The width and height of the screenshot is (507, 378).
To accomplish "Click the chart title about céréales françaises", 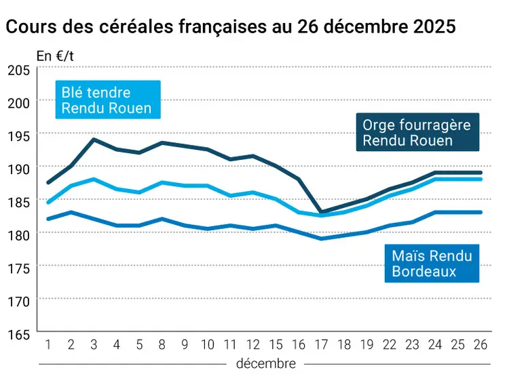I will pyautogui.click(x=230, y=27).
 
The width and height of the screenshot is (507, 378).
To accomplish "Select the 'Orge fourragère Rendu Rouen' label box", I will pyautogui.click(x=416, y=132).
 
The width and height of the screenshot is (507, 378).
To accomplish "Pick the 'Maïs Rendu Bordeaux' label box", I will pyautogui.click(x=431, y=264).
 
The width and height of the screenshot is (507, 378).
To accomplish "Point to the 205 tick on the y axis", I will pyautogui.click(x=18, y=70).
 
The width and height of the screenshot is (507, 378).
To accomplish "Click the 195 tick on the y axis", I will pyautogui.click(x=18, y=135).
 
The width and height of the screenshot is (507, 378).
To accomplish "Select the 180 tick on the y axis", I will pyautogui.click(x=18, y=234).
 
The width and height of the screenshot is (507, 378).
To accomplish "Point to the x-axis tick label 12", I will pyautogui.click(x=252, y=344).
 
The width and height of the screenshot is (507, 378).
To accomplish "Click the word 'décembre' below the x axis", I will pyautogui.click(x=265, y=364).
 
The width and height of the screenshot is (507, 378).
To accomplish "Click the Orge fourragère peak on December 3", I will pyautogui.click(x=93, y=140).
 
